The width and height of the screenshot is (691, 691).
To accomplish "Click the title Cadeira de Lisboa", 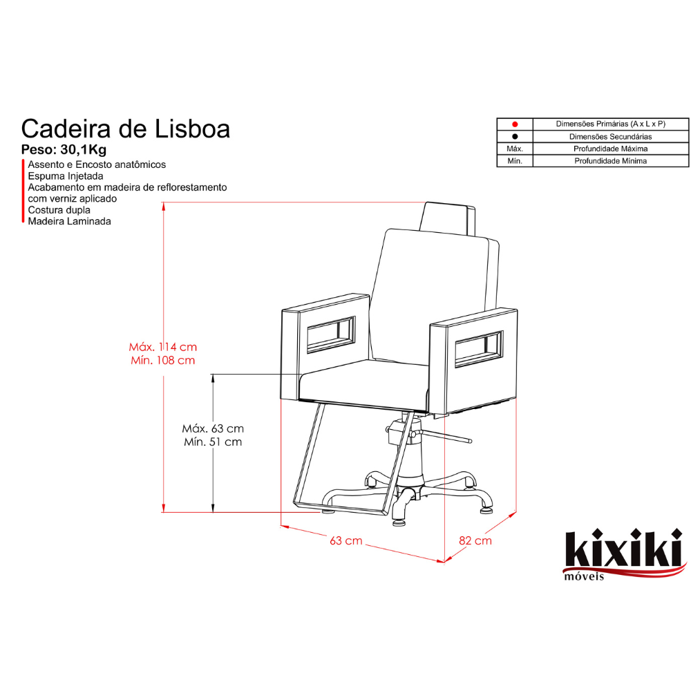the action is coord(126,129).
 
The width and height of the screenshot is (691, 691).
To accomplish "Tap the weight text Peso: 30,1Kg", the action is coord(64,150).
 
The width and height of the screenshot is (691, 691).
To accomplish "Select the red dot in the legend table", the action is coord(515,124).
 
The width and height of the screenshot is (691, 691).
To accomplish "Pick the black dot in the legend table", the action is coord(515,137).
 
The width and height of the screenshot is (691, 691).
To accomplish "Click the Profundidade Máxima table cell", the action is coord(610,149).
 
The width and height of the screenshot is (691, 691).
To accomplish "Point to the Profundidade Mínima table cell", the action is coord(610,161).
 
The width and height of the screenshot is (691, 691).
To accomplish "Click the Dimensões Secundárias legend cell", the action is coord(610,137).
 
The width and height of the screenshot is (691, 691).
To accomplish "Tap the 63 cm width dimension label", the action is coord(346,540).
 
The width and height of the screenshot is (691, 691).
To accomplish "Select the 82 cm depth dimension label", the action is coord(475,540).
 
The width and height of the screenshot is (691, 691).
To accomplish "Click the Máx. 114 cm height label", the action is coord(162,347).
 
